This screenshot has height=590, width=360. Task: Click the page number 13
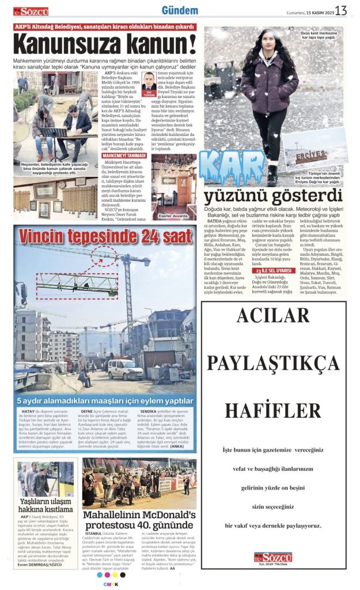click(341, 10)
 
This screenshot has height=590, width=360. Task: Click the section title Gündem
click(180, 10)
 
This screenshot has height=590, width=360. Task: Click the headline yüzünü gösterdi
click(273, 196)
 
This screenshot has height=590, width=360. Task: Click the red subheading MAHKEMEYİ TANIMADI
click(124, 156)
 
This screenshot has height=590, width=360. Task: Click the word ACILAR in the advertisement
click(272, 316)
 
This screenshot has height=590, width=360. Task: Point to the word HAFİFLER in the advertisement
click(272, 410)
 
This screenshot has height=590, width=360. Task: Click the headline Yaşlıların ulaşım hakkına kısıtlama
click(46, 505)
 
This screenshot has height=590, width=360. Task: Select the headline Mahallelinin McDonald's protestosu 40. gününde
click(139, 520)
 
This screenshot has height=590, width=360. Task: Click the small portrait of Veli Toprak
click(150, 81)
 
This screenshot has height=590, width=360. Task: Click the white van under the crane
click(126, 369)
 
